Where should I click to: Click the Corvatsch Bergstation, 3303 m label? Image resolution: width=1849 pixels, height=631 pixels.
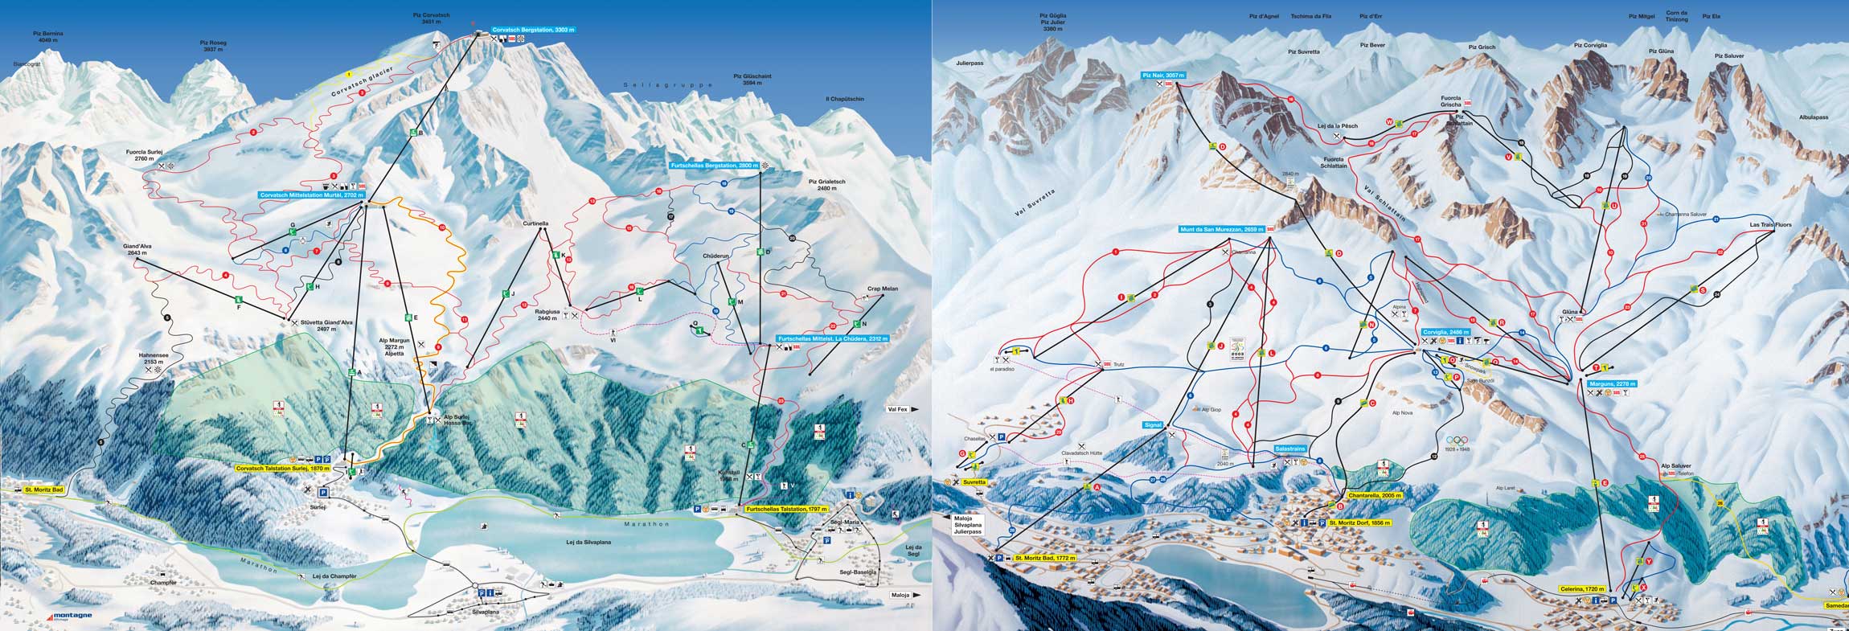pos(533,30)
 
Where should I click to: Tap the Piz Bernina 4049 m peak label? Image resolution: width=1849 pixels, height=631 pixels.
pos(48,36)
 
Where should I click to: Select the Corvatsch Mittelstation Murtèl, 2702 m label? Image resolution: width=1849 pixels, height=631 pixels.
pos(312,195)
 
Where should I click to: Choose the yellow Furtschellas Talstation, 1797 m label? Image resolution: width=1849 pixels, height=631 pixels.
pos(786,510)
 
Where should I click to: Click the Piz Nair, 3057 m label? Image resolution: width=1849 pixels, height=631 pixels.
pos(1163,76)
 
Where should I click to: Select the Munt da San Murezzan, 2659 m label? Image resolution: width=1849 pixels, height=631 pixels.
pos(1222,229)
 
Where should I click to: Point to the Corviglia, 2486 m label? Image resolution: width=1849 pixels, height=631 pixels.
pos(1445,332)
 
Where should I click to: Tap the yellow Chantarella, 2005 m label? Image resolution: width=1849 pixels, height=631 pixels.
pos(1374,496)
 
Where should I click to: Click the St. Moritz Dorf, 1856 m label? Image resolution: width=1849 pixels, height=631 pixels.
pos(1359,523)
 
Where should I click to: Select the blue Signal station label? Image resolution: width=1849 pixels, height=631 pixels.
pos(1153,424)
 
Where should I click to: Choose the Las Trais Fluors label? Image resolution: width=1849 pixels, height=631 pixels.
pos(1771,225)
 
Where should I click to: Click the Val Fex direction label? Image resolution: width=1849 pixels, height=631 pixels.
pos(897,409)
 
